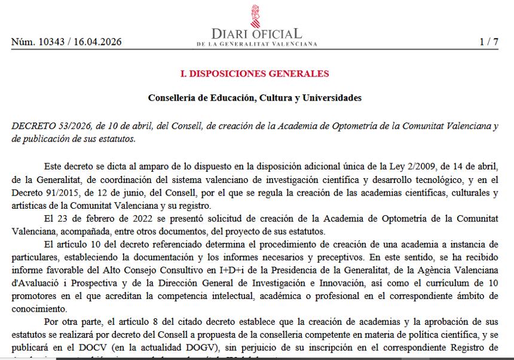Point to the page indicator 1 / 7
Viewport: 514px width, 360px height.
tap(488, 42)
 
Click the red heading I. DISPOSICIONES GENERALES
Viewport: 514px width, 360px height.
tap(255, 74)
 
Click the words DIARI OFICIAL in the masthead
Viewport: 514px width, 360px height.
tap(256, 33)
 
